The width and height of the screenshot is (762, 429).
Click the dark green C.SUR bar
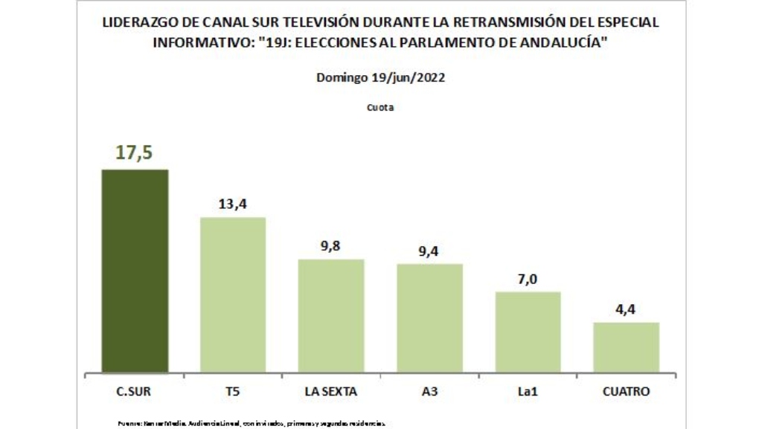[135, 271]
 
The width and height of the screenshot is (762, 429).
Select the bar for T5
[233, 294]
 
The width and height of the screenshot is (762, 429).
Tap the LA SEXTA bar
[331, 315]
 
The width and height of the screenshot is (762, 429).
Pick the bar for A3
[429, 317]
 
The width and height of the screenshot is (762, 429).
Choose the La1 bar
[528, 332]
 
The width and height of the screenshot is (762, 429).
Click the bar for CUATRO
[626, 346]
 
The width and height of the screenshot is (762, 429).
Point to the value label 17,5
[134, 152]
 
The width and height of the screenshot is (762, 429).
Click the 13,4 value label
[232, 204]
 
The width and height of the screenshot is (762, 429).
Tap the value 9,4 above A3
[429, 251]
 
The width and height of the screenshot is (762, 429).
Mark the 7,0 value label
[528, 279]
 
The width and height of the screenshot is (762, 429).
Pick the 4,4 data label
[626, 309]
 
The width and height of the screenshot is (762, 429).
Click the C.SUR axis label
[135, 391]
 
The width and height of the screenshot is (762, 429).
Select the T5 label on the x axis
[233, 391]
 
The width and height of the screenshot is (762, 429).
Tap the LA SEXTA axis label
[331, 391]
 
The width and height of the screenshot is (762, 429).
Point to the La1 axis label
[528, 391]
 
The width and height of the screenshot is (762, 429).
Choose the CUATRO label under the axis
[626, 391]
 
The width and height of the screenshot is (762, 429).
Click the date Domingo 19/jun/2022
[380, 77]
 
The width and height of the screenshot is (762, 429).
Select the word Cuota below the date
[380, 107]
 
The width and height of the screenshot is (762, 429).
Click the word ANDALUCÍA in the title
[559, 42]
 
